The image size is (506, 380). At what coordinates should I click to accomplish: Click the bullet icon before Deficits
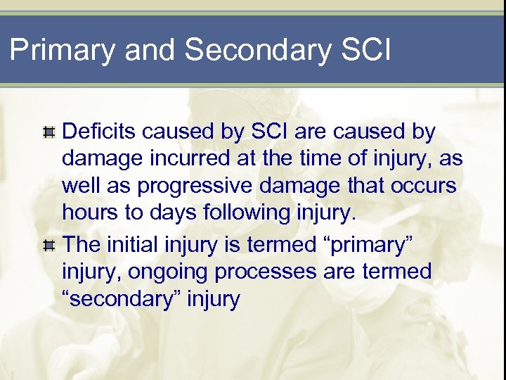pyautogui.click(x=48, y=132)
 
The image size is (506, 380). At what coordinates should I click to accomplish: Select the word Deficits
pyautogui.click(x=98, y=132)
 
